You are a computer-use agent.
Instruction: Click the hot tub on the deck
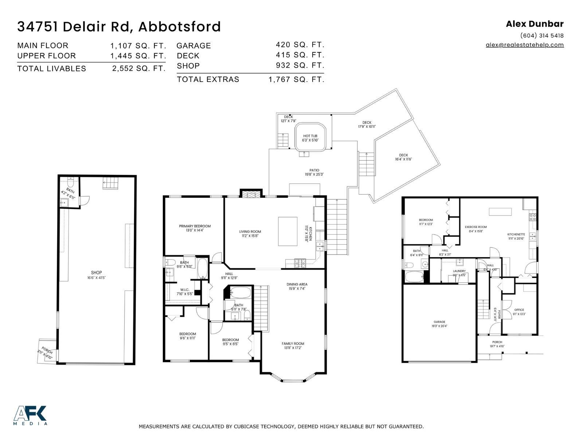(x=310, y=138)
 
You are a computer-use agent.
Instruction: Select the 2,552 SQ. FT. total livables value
(x=139, y=68)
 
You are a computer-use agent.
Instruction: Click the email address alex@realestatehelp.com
(x=524, y=45)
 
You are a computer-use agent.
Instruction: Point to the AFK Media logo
(x=30, y=415)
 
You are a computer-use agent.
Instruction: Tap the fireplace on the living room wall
(x=251, y=193)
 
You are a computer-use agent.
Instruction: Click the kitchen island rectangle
(x=288, y=231)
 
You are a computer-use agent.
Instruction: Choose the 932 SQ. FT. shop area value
(x=300, y=65)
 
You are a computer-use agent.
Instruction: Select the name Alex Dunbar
(x=535, y=24)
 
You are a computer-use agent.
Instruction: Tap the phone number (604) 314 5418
(x=541, y=36)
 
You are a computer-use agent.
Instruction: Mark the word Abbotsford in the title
(x=179, y=27)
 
